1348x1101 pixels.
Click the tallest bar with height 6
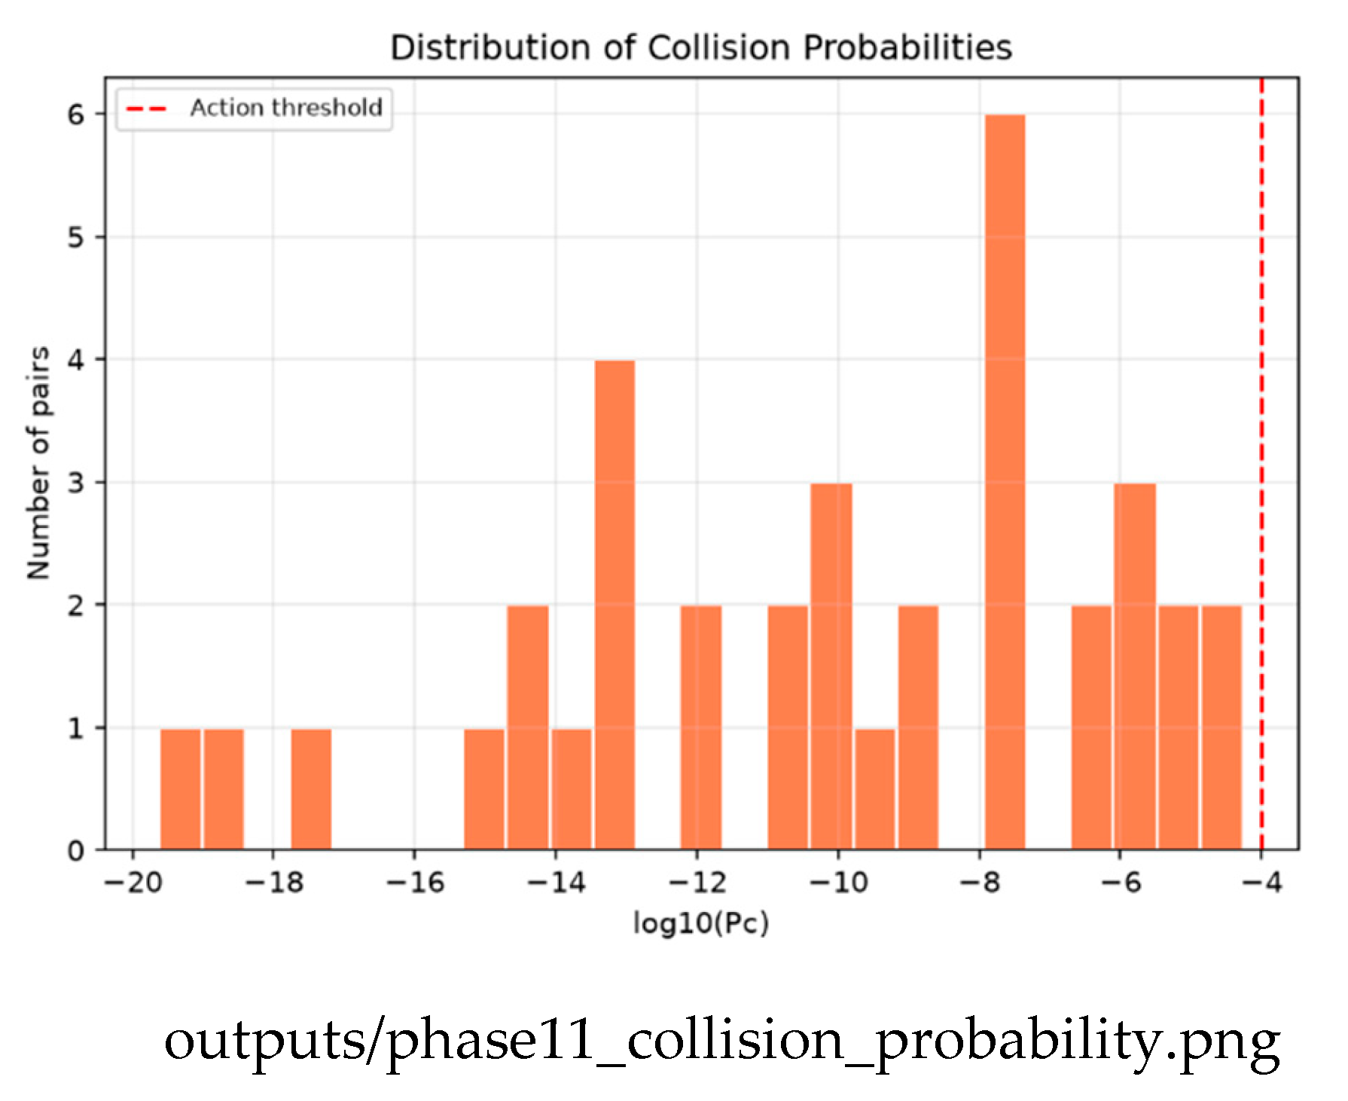tap(1005, 482)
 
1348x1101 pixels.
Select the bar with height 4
tap(615, 605)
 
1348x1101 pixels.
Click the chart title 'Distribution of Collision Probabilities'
tap(701, 47)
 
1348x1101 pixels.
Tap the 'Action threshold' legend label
tap(286, 108)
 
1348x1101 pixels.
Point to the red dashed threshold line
tap(1261, 463)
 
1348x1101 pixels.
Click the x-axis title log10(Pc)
tap(701, 923)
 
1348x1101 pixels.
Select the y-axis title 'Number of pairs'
tap(38, 463)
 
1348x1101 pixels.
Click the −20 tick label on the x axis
tap(133, 883)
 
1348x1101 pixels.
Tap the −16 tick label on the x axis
tap(415, 883)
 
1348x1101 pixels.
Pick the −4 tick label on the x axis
tap(1261, 883)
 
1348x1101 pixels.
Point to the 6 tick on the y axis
tap(76, 114)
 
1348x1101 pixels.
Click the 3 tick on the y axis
tap(76, 483)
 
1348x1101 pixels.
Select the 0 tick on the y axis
tap(76, 850)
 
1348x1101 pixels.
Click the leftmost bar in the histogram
tap(181, 789)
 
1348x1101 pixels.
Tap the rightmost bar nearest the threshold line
tap(1221, 727)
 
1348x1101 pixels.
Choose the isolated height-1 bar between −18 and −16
tap(311, 789)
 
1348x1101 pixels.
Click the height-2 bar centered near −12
tap(701, 727)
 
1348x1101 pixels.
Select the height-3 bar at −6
tap(1135, 666)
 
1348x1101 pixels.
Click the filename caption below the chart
tap(722, 1041)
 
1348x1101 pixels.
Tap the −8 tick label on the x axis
tap(980, 883)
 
